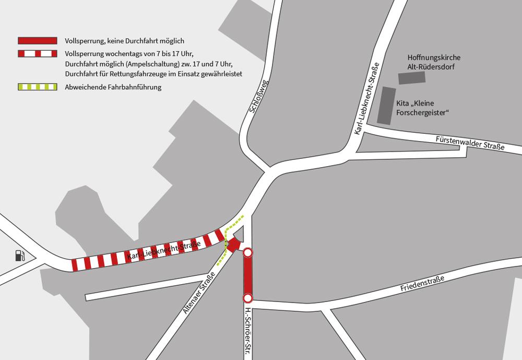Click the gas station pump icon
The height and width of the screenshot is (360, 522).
pos(19,256)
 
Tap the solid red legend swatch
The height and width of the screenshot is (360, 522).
pos(37,40)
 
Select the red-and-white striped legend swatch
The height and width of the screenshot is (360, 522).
pos(37,53)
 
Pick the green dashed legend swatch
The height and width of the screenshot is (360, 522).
pos(37,87)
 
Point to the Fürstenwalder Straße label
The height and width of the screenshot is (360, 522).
pos(470,143)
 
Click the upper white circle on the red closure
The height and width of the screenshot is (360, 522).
pos(248,253)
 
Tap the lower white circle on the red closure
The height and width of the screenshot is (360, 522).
pos(248,298)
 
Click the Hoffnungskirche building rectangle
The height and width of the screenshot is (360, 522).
pos(412,78)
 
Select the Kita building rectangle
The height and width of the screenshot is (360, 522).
pos(386,106)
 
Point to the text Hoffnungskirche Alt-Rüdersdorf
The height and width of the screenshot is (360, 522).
pos(434,62)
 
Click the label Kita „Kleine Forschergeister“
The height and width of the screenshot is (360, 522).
pos(426,108)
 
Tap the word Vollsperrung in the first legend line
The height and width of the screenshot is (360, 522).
pos(84,40)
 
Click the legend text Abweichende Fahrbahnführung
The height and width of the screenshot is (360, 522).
pos(113,87)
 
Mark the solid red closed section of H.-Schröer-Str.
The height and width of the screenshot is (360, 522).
pos(248,276)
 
